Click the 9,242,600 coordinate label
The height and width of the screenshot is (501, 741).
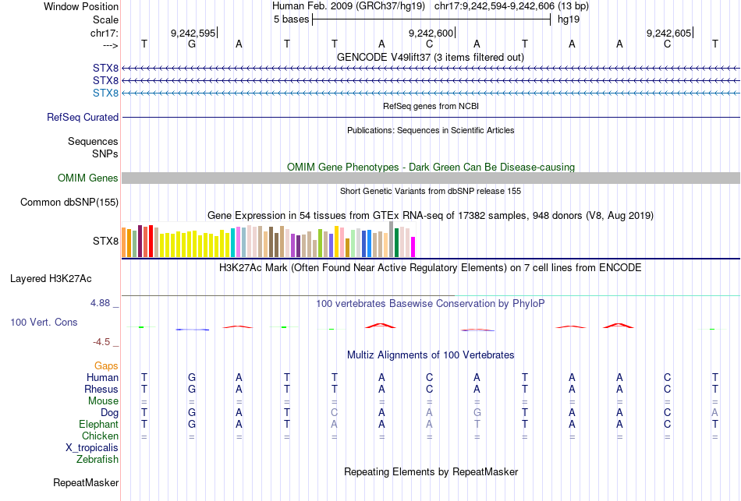coord(430,33)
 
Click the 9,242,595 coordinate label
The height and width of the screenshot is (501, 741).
coord(192,33)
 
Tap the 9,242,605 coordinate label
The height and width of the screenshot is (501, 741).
coord(668,33)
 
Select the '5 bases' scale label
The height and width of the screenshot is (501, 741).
coord(291,19)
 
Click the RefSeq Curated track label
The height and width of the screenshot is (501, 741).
coord(83,118)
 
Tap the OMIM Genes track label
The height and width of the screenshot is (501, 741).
coord(88,178)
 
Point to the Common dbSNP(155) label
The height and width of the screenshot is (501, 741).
coord(69,203)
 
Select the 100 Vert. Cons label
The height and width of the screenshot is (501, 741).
coord(44,322)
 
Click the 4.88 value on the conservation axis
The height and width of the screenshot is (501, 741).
coord(102,303)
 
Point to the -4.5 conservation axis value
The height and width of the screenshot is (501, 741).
coord(105,341)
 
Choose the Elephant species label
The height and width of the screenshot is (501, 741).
coord(98,425)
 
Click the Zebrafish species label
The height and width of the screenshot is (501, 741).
coord(97,460)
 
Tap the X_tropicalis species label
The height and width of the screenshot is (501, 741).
coord(92,448)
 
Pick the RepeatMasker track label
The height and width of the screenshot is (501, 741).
coord(85,483)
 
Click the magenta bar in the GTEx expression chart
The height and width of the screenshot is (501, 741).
coord(413,246)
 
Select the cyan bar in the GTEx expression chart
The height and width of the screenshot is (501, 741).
coord(233,242)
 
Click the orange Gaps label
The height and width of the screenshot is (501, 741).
coord(106,365)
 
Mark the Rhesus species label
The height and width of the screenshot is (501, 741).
coord(101,389)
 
